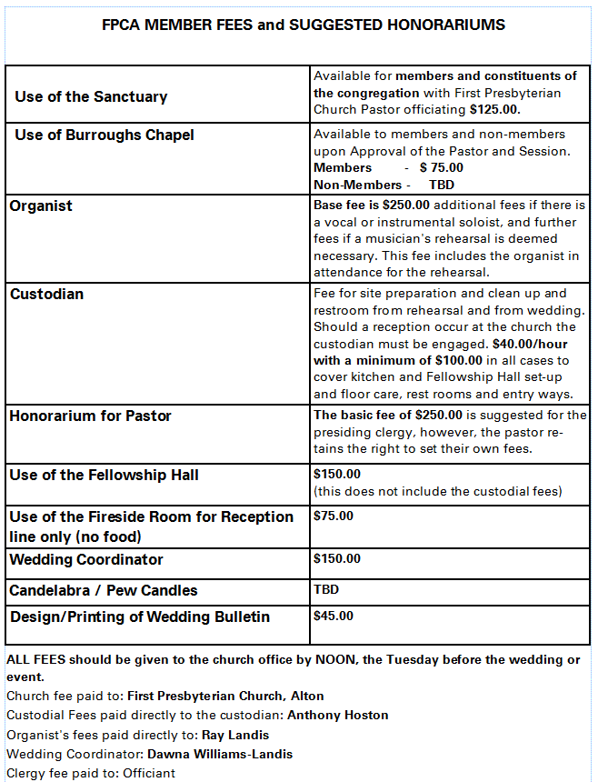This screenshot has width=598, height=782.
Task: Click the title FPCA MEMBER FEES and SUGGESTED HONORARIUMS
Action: (x=304, y=25)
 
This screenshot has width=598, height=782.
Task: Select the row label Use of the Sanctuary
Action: (x=91, y=96)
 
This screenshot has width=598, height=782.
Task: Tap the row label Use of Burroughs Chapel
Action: (x=104, y=135)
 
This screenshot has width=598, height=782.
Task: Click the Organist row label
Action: (x=41, y=206)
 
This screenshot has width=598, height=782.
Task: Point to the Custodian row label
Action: (x=47, y=294)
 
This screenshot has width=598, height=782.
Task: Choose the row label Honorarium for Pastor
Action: (x=90, y=416)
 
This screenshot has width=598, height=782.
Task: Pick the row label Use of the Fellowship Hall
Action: (x=104, y=475)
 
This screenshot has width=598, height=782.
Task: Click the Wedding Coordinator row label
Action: (x=86, y=559)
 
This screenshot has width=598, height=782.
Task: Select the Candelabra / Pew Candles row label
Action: (x=103, y=590)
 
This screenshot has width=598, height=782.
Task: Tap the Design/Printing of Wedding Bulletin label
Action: (x=139, y=617)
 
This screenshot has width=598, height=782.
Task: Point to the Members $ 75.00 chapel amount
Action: (x=441, y=167)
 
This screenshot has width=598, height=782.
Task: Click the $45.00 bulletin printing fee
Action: (x=333, y=616)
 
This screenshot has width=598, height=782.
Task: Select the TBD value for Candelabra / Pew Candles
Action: (x=325, y=589)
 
